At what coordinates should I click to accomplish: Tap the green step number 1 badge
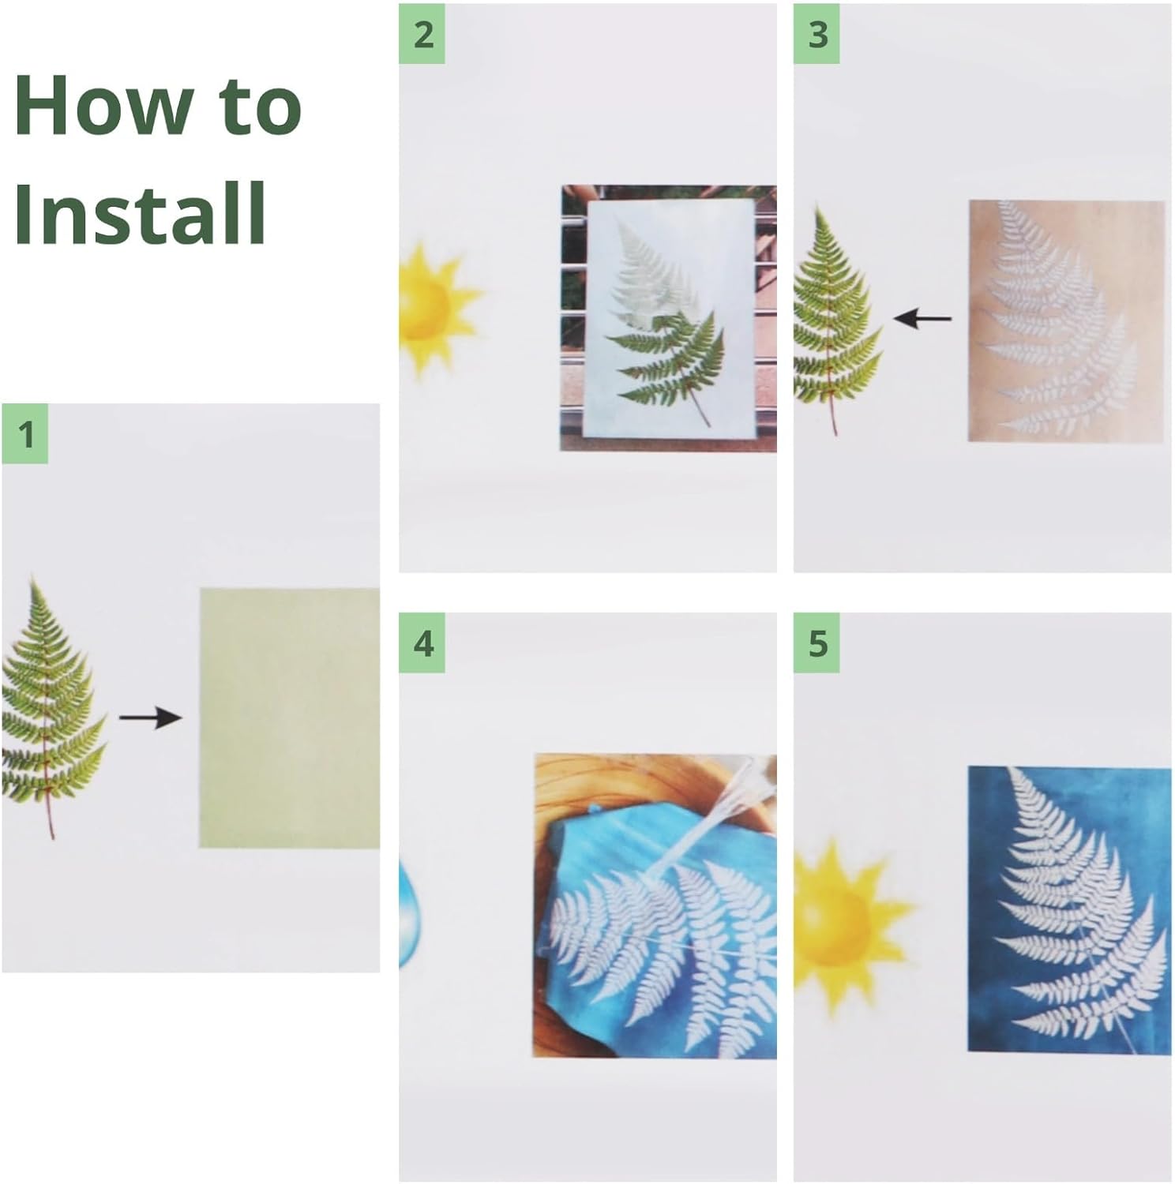[x=24, y=433]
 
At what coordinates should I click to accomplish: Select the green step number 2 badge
[x=422, y=34]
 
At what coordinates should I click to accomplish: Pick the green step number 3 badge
[x=816, y=34]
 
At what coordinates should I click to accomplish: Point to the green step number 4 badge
[x=422, y=643]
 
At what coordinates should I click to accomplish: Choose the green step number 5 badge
[x=816, y=643]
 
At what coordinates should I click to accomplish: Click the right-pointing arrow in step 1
[x=150, y=718]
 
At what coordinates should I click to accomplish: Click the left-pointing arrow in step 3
[x=922, y=319]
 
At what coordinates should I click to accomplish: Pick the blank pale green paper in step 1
[x=289, y=718]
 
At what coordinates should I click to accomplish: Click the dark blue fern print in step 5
[x=1069, y=909]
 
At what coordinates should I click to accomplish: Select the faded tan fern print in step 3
[x=1066, y=320]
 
